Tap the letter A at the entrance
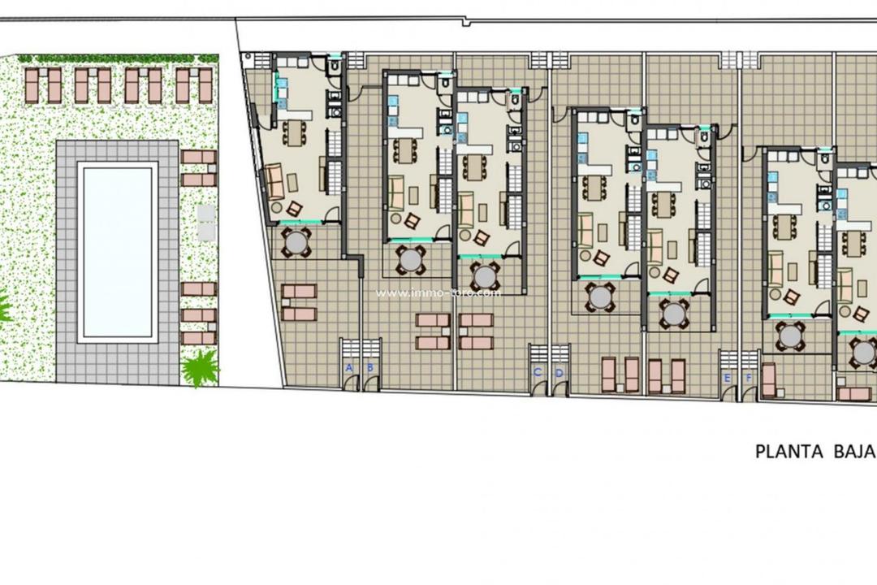click(x=349, y=368)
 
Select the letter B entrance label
click(x=370, y=368)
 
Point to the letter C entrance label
click(x=537, y=372)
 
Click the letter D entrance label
click(x=559, y=372)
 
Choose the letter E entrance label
click(x=727, y=378)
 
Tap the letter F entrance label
click(x=748, y=378)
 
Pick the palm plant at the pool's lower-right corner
click(x=199, y=369)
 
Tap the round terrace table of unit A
click(x=296, y=241)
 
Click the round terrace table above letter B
click(x=411, y=260)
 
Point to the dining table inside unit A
click(x=293, y=131)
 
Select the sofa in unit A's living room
click(x=275, y=181)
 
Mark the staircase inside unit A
click(x=333, y=150)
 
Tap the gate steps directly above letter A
click(x=350, y=347)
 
